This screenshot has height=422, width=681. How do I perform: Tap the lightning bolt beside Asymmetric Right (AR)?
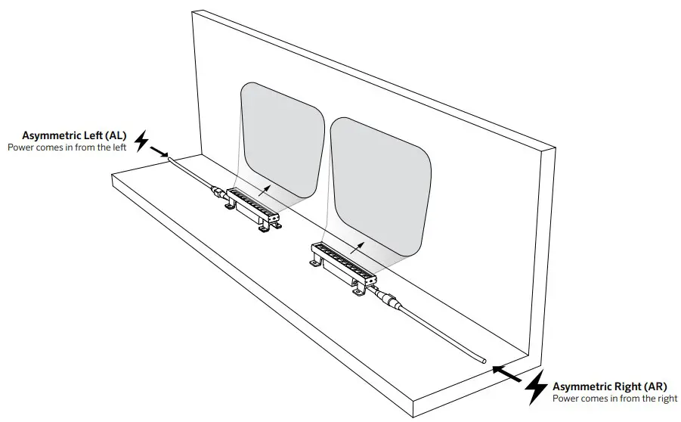[537, 387]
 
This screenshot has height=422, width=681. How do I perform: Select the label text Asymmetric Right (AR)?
[609, 386]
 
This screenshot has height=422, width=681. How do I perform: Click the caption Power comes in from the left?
[67, 147]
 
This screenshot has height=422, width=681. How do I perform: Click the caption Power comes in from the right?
[614, 398]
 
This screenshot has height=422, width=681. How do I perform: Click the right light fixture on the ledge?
[344, 261]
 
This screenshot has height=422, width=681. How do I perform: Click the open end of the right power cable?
[481, 362]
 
